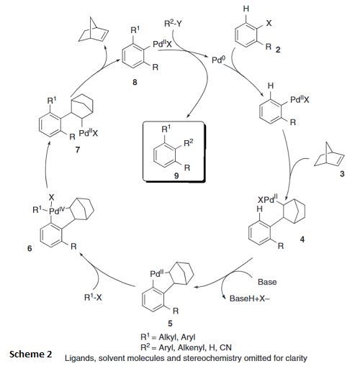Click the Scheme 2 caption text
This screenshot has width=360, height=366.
(x=31, y=354)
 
